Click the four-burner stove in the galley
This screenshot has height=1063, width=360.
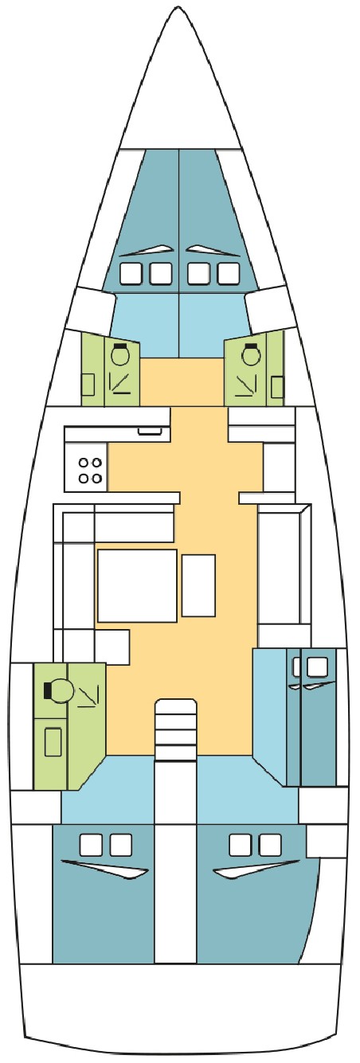tap(88, 469)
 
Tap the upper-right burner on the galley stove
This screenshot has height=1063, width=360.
tap(96, 461)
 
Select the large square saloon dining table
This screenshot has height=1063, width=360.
tap(136, 584)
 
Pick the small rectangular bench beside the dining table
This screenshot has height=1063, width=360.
tap(198, 585)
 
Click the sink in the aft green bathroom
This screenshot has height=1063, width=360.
tap(53, 741)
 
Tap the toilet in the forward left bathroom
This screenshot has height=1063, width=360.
tap(120, 355)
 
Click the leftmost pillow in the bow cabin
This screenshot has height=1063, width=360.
tap(130, 274)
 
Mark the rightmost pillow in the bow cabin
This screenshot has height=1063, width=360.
tap(229, 274)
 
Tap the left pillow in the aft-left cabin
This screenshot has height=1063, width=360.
tap(91, 843)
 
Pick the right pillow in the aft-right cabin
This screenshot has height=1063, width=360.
tap(270, 843)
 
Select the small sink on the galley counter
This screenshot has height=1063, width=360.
tap(149, 431)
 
